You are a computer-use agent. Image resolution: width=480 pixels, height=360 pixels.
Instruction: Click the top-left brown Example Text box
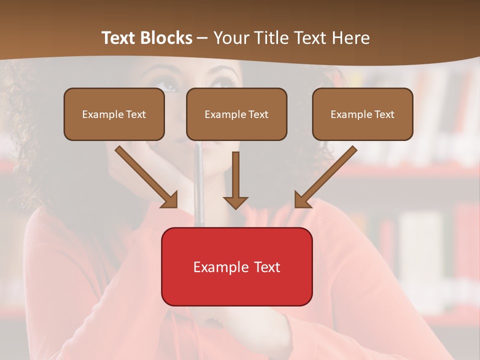[114, 114]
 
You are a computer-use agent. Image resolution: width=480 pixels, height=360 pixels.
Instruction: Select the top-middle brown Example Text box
[236, 114]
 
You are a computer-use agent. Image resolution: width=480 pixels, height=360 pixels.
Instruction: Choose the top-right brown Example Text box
[362, 114]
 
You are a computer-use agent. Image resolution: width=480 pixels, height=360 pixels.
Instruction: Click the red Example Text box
[236, 266]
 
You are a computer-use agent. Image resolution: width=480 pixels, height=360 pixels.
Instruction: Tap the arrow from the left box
[145, 175]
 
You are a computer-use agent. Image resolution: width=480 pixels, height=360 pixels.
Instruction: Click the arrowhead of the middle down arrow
[235, 202]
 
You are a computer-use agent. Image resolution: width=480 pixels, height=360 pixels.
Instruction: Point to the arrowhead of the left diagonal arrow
[170, 200]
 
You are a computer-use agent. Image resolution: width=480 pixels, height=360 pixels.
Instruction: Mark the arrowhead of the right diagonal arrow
[302, 200]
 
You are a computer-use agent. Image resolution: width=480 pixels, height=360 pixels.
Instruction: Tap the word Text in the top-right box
[384, 114]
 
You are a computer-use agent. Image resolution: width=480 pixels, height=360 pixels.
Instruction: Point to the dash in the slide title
[202, 38]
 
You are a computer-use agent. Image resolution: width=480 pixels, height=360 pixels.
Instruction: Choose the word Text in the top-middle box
[258, 114]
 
